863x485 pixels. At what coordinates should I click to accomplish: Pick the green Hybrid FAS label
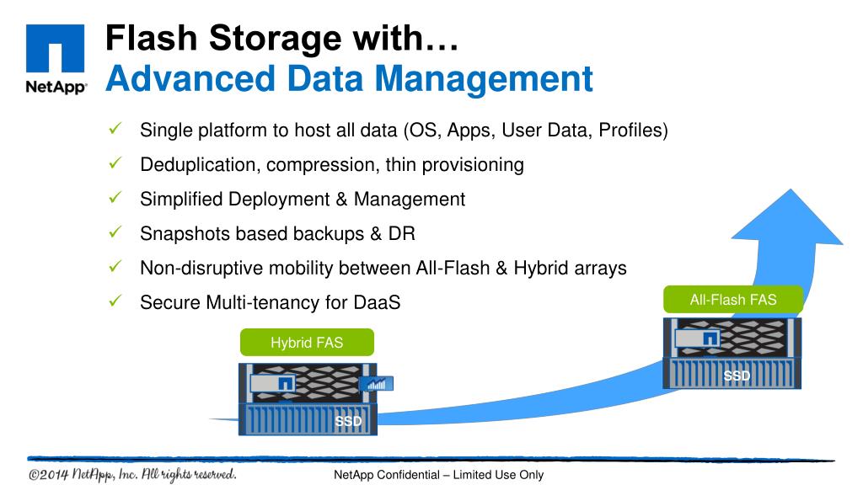click(307, 343)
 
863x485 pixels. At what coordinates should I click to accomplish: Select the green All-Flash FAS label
click(733, 300)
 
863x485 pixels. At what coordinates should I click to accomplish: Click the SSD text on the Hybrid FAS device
click(349, 421)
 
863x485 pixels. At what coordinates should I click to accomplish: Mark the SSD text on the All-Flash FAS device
click(737, 376)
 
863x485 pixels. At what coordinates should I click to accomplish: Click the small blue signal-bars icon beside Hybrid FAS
click(376, 384)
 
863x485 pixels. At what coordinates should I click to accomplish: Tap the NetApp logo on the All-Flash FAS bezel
click(710, 338)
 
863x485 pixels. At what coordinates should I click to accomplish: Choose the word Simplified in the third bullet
click(181, 200)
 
